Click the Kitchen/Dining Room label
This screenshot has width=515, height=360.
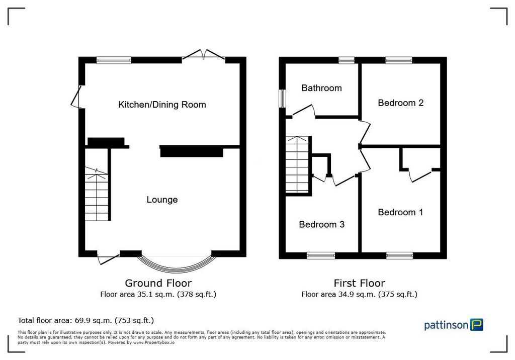coord(162,105)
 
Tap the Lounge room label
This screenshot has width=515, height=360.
coord(162,200)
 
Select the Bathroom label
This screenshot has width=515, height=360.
coord(321,88)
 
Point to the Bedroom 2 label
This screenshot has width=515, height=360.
coord(401,103)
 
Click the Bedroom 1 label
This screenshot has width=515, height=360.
coord(400,212)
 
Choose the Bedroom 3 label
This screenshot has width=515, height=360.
coord(321,224)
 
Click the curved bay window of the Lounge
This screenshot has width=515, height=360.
coord(177,269)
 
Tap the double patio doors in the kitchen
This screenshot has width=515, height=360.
coord(204,55)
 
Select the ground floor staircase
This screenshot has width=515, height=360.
coord(97,194)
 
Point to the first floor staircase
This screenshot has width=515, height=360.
coord(298,164)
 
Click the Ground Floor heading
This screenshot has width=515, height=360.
coord(158,283)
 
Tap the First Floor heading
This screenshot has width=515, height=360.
coord(359,283)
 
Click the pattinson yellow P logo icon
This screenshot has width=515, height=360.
coord(477,324)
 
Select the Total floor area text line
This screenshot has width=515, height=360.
coord(85,320)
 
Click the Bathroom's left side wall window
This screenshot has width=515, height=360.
coord(282,98)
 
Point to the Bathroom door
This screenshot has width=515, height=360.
coord(304,111)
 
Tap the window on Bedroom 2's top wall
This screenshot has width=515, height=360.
coord(399,60)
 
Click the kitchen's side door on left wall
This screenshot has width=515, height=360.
coord(76,97)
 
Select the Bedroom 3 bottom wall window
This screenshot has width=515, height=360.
coord(321,255)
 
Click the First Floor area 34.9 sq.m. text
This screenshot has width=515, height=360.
coord(359,294)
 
